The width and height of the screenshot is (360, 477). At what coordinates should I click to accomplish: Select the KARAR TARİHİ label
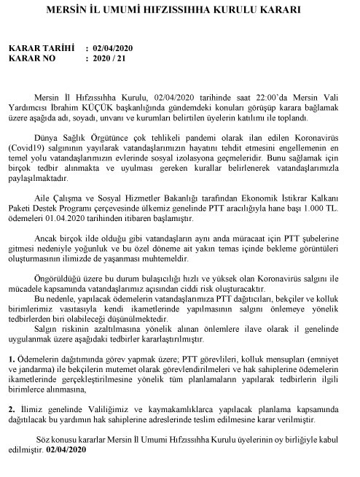pyautogui.click(x=42, y=48)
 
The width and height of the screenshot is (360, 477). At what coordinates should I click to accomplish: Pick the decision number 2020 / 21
pyautogui.click(x=111, y=58)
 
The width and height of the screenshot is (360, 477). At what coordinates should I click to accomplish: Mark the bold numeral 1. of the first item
pyautogui.click(x=12, y=360)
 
